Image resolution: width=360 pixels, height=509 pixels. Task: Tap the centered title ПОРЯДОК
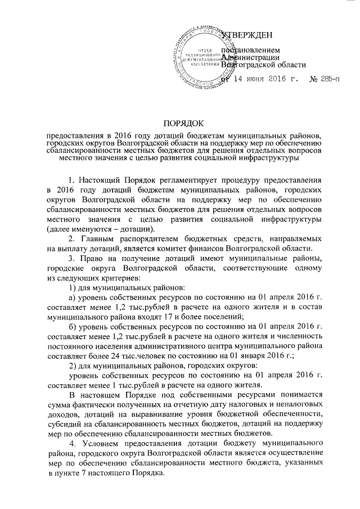179,123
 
